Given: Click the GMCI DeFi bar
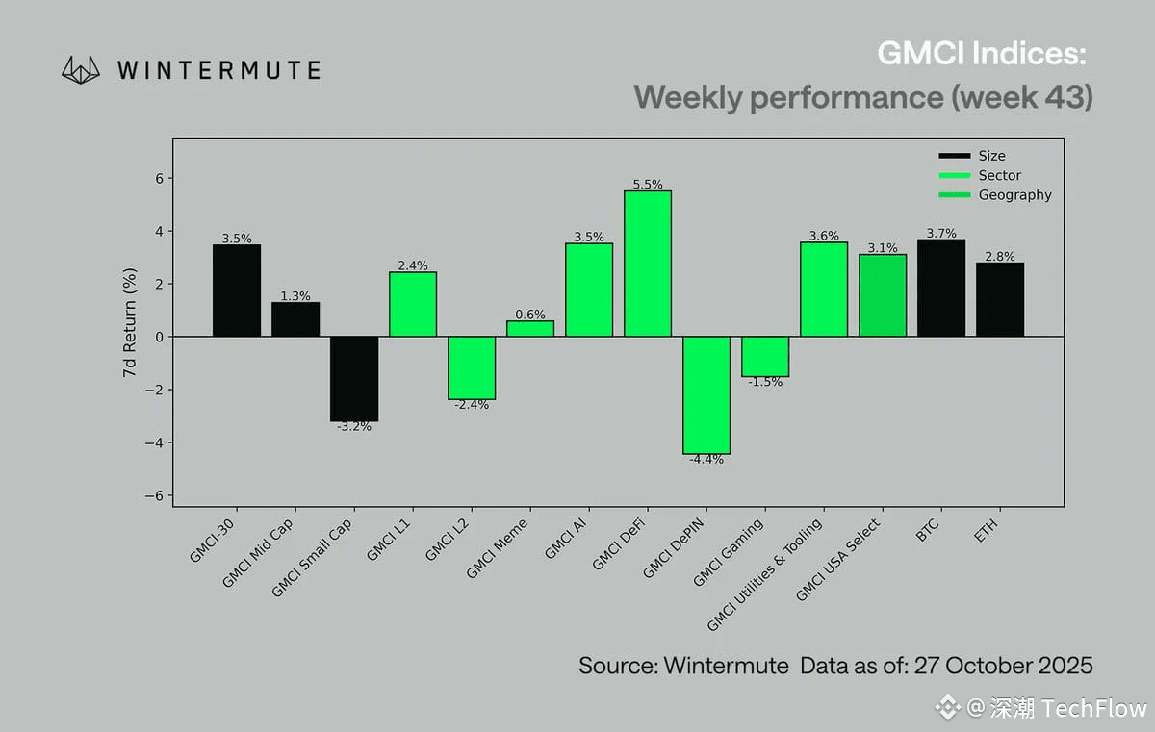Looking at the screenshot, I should point(648,264).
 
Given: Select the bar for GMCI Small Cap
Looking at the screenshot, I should point(354,378).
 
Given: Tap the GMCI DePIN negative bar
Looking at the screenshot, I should point(706,394).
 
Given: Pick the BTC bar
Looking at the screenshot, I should point(941,288).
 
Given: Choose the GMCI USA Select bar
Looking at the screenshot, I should point(883,295).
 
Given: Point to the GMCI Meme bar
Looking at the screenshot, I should point(530,329).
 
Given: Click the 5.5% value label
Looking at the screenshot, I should point(648,184).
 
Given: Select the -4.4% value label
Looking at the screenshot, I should point(706,460).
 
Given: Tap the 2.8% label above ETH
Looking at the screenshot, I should point(1000,256).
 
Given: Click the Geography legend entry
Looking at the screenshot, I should point(1014,195).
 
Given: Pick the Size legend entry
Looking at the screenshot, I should point(991,156).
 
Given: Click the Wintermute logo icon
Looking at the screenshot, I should point(81,69).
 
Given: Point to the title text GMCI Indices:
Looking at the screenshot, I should point(983,54).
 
